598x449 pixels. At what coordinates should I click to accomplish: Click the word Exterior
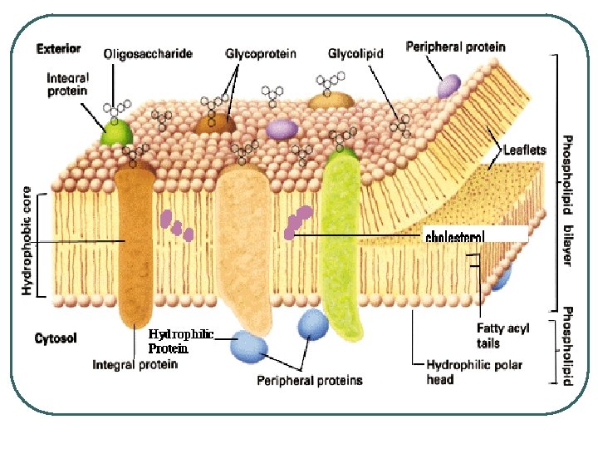(58, 49)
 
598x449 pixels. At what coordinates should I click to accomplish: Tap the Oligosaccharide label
(148, 54)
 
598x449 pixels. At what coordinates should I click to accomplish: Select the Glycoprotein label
(261, 54)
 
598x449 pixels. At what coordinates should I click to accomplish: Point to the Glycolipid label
(355, 54)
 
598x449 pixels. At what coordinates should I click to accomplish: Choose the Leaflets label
(524, 150)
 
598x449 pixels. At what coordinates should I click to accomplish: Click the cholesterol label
(454, 237)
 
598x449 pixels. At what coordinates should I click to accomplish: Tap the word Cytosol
(56, 338)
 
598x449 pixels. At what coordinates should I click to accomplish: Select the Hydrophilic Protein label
(180, 342)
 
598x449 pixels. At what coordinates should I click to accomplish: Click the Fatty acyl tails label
(502, 335)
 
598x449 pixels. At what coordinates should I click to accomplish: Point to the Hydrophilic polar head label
(463, 372)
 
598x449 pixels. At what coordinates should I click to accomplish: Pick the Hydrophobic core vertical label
(27, 241)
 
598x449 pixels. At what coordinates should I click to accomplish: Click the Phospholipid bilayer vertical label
(567, 200)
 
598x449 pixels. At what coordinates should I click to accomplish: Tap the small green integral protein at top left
(116, 133)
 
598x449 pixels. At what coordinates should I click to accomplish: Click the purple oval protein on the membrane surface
(282, 128)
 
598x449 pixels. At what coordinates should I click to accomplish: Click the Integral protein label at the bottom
(135, 364)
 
